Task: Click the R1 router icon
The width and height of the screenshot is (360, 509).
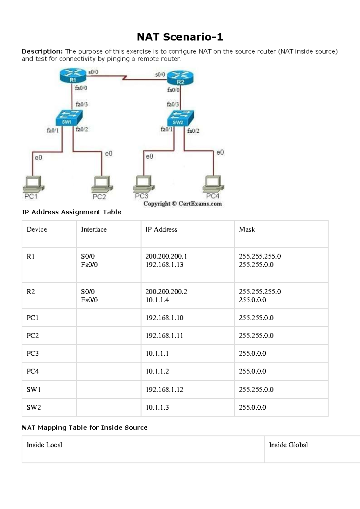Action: click(73, 76)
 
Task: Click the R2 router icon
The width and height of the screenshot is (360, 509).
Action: click(180, 78)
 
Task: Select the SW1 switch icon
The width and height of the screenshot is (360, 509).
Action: click(69, 118)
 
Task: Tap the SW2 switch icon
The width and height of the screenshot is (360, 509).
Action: click(180, 118)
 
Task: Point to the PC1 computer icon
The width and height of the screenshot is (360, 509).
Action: click(33, 184)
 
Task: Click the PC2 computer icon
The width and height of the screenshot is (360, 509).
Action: click(102, 184)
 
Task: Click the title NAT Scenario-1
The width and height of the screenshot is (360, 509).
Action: click(180, 37)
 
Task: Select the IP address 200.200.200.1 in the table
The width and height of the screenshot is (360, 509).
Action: click(166, 256)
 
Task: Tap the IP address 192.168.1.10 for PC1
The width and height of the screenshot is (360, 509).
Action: click(164, 318)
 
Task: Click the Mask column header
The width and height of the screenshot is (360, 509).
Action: click(247, 230)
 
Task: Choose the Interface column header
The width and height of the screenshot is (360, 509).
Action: click(94, 230)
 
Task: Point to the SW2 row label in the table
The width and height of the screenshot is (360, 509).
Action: click(34, 408)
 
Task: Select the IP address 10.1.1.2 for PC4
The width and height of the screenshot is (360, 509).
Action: click(157, 372)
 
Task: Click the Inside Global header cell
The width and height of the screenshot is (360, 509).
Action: click(288, 445)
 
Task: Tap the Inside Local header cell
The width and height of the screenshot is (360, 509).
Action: click(44, 445)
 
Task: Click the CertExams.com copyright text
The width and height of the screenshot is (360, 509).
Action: click(182, 204)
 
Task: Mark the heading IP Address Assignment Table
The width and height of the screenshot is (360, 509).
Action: click(71, 212)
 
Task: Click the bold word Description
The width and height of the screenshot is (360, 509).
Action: click(42, 52)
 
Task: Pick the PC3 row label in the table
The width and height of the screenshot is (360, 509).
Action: click(32, 354)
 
